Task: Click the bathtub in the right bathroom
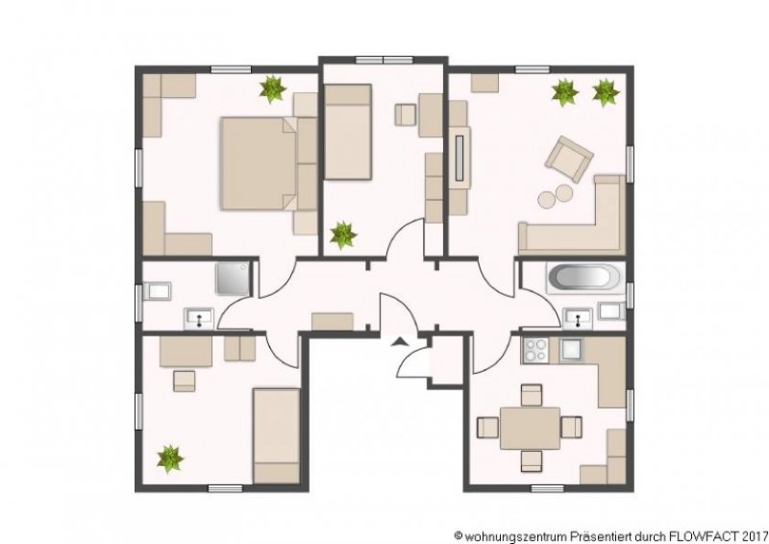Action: point(585,278)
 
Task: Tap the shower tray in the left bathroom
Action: point(233,279)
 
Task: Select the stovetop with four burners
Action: point(535,350)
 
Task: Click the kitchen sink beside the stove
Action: point(571,350)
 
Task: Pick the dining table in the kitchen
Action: point(531,429)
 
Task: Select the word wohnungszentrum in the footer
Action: point(515,535)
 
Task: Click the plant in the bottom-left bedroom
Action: point(170,459)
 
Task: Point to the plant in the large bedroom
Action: point(272,89)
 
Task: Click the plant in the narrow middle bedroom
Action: point(343,235)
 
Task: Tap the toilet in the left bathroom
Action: point(157,291)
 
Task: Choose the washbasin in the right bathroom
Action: point(578,318)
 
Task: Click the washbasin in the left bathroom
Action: point(199,318)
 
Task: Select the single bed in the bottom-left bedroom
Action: point(276,435)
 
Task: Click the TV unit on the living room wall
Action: point(459,157)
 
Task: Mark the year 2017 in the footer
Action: point(757,535)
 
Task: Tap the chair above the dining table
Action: point(532,395)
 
